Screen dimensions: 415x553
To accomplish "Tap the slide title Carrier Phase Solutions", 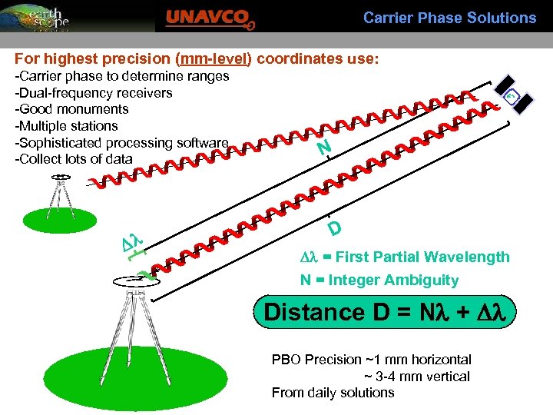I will coord(449,17).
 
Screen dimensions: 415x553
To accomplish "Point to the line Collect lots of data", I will coord(74,159).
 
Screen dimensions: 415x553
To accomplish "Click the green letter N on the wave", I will coord(324,147).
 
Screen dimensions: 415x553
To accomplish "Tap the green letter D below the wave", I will coord(334,229).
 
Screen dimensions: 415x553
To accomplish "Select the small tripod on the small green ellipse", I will coord(60,196).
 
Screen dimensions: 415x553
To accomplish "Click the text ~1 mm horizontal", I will coord(418,360).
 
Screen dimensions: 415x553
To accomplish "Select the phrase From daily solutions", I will coord(333,393).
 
